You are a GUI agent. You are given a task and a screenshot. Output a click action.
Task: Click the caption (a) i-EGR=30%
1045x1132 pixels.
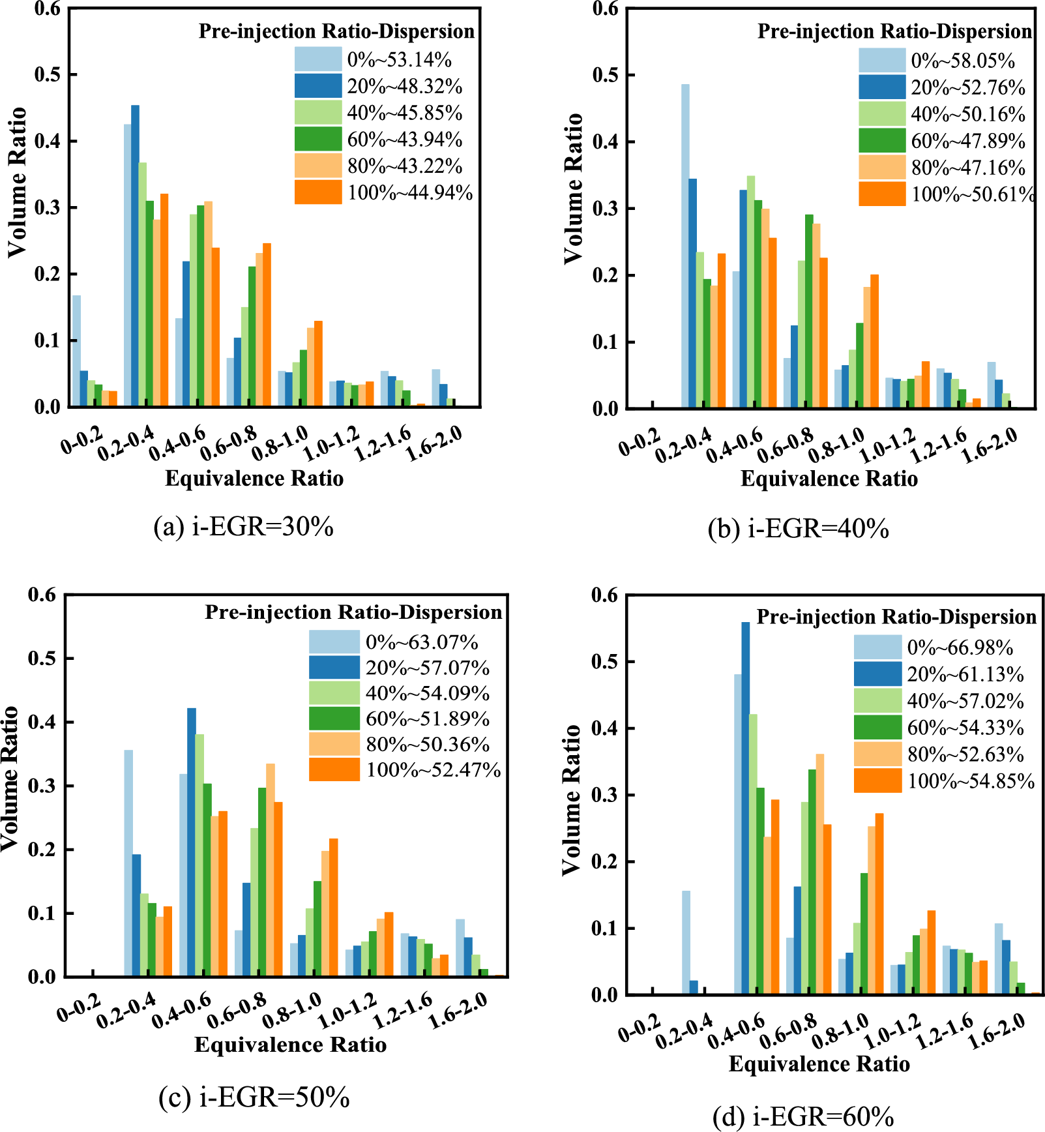tap(243, 526)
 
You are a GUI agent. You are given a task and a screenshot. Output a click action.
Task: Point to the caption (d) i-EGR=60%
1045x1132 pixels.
tap(803, 1117)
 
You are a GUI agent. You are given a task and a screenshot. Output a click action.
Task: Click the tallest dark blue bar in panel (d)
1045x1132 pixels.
tap(746, 808)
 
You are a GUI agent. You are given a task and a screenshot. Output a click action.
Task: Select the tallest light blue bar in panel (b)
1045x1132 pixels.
tap(685, 246)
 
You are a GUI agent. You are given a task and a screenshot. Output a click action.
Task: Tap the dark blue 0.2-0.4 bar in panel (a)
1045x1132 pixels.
tap(135, 256)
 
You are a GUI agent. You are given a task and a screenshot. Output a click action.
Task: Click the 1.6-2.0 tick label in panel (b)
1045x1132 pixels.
tap(990, 446)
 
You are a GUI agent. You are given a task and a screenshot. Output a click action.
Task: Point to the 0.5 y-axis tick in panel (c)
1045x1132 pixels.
tap(42, 659)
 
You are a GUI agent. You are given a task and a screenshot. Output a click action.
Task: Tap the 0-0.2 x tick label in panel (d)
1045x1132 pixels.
tap(639, 1029)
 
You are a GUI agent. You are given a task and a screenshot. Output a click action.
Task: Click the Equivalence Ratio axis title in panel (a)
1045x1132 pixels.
tap(254, 479)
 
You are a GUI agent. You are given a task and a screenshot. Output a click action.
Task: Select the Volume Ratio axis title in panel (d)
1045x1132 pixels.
tap(571, 799)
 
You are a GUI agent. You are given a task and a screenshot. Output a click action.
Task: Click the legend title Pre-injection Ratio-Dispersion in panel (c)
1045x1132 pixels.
tap(353, 612)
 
